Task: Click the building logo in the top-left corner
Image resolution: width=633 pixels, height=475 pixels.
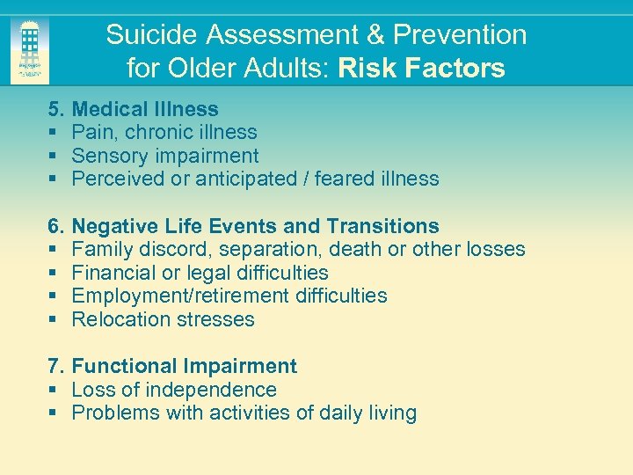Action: [x=30, y=50]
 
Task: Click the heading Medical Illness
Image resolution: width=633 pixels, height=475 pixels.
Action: [x=145, y=109]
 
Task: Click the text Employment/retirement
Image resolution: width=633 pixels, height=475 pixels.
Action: [x=180, y=296]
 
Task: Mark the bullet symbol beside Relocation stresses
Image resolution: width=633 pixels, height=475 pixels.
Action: [x=53, y=319]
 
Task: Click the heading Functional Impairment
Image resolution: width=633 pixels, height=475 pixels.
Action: [x=185, y=366]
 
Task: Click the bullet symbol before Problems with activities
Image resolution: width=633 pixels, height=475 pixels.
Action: [x=53, y=413]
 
